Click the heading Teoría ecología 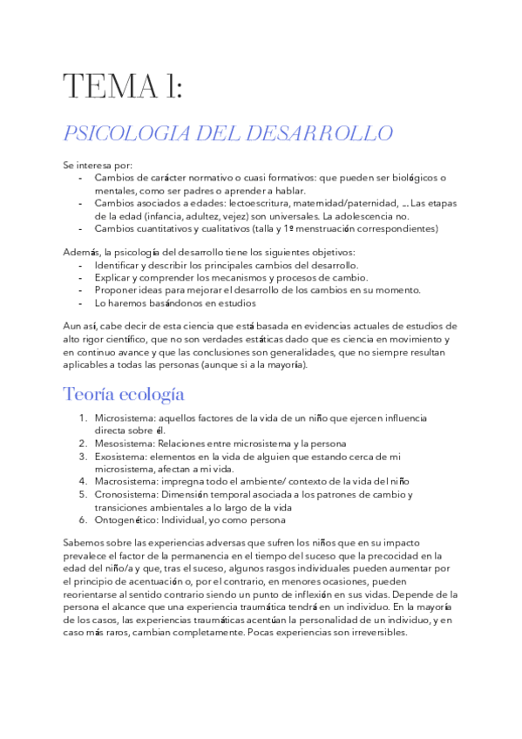pos(123,393)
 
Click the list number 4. pos(83,480)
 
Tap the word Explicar pos(114,277)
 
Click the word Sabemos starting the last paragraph pos(84,543)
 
